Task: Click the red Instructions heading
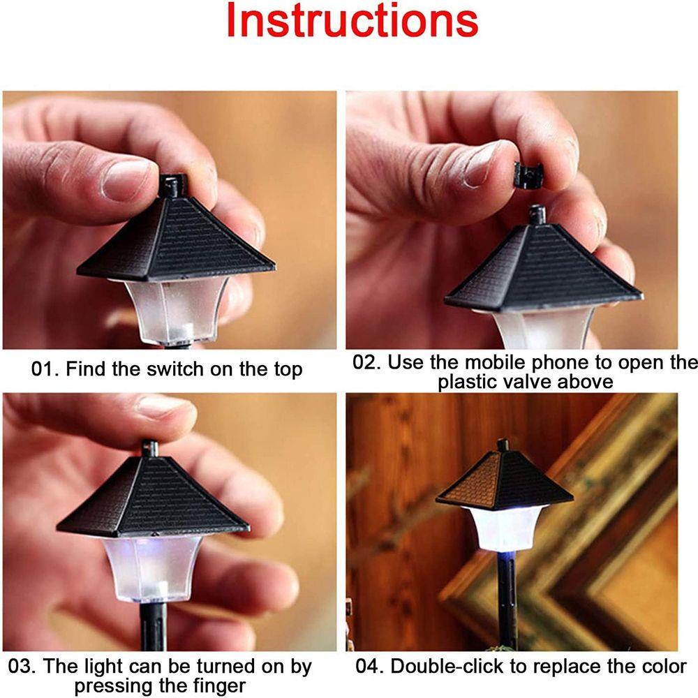click(x=352, y=20)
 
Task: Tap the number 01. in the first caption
click(x=45, y=369)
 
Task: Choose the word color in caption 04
click(x=664, y=667)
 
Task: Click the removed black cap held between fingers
click(x=529, y=174)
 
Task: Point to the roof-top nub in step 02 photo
click(x=537, y=216)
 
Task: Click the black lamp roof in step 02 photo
click(x=543, y=267)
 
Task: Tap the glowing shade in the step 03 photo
click(x=152, y=568)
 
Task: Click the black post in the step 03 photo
click(x=153, y=626)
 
